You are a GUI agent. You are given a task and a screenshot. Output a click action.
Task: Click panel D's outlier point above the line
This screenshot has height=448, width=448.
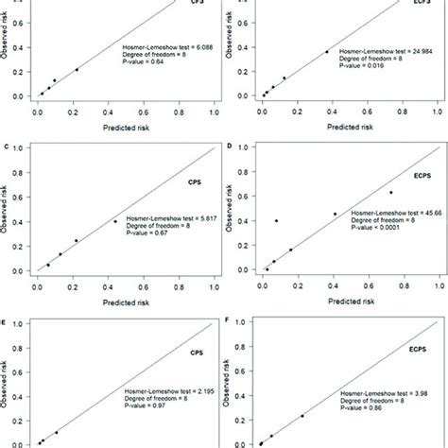277,220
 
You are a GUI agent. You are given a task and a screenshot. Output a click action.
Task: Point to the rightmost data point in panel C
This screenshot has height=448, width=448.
115,221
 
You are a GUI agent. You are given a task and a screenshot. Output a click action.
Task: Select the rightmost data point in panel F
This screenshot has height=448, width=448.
302,415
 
